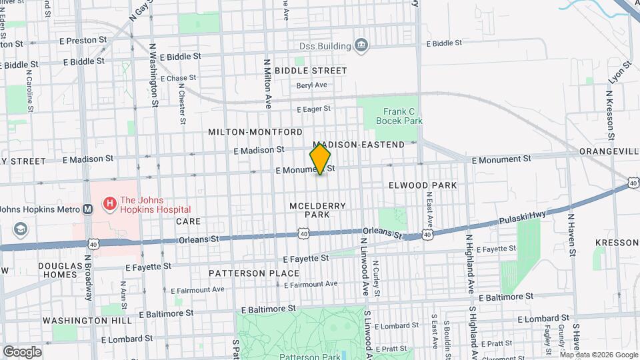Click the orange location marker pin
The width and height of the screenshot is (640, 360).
321,159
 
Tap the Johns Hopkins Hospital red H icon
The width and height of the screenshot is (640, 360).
107,201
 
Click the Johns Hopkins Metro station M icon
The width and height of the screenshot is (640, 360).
87,209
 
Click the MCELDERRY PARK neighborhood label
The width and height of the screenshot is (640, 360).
317,211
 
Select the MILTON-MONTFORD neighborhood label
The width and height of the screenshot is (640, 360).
255,132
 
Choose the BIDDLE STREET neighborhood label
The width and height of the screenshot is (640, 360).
311,70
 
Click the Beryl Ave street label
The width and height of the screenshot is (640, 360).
312,85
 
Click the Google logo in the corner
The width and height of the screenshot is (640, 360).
22,351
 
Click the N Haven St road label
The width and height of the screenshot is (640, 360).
571,233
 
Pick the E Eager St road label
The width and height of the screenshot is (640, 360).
313,108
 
